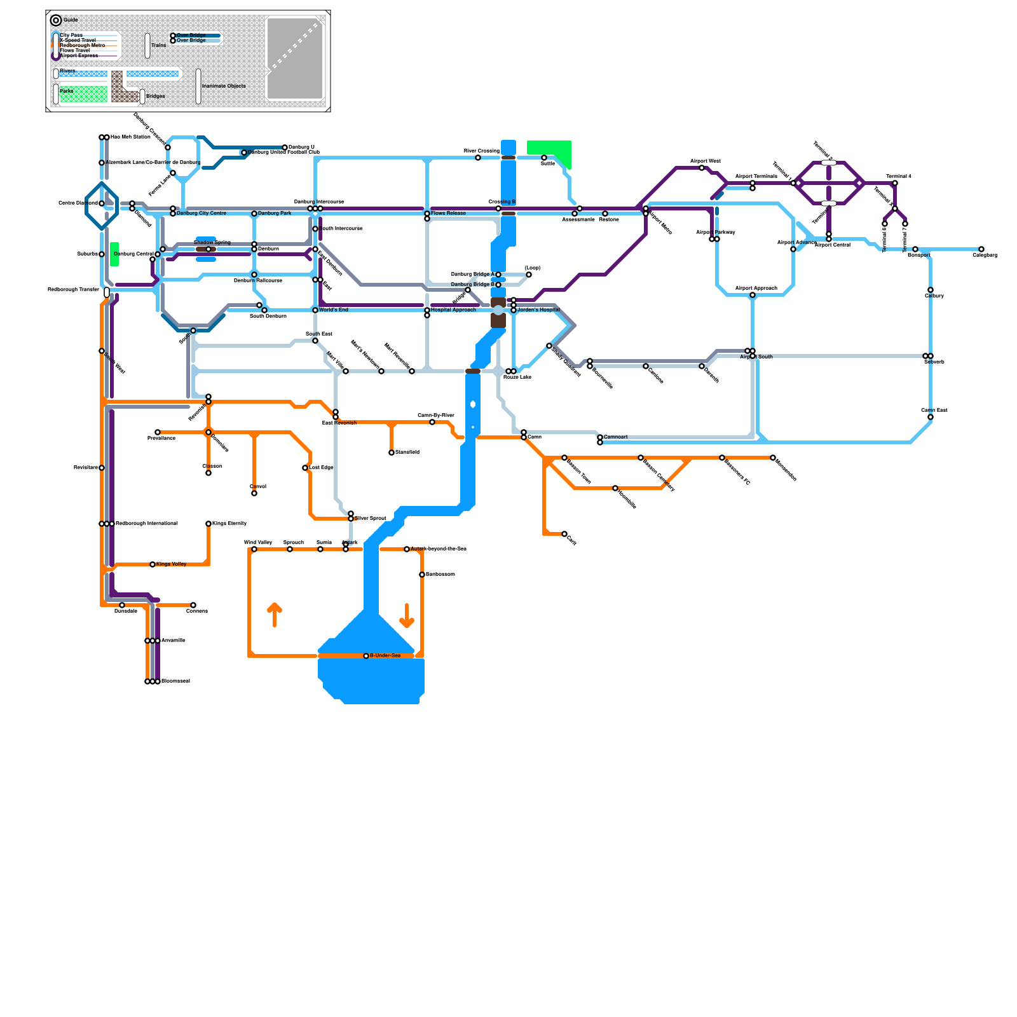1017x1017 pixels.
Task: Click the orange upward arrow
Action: coord(275,614)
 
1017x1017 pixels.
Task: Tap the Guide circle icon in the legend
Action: coord(56,20)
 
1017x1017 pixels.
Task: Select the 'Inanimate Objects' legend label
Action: coord(223,86)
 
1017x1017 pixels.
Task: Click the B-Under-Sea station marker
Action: coord(366,656)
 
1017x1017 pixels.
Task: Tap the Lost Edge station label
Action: coord(321,467)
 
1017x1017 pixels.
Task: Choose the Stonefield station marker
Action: coord(392,453)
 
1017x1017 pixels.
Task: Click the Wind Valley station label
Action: coord(258,542)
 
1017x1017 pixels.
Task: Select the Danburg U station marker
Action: coord(285,147)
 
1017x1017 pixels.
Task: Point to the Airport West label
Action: coord(706,161)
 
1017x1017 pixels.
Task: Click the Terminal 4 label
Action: coord(899,176)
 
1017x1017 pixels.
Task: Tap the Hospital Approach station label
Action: coord(453,310)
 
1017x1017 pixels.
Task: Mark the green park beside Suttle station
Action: coord(549,151)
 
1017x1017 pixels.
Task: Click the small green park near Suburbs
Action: coord(114,254)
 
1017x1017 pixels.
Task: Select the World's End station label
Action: coord(334,310)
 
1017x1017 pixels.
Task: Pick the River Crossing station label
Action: coord(482,151)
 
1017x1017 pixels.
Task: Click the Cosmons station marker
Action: coord(193,605)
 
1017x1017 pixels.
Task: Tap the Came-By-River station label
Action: coord(436,415)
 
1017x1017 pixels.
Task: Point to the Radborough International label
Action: coord(147,523)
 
